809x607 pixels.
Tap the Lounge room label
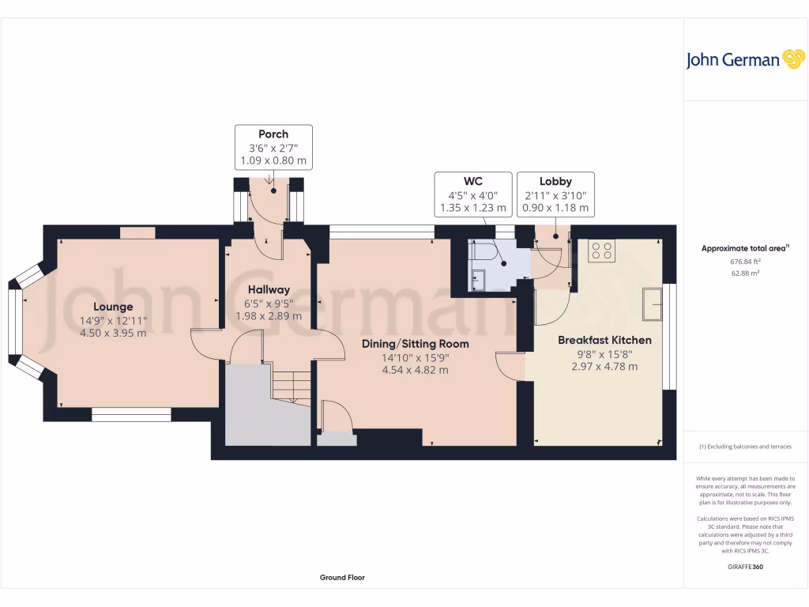[x=113, y=307]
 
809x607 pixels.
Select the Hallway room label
[x=269, y=290]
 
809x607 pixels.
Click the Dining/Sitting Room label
[x=415, y=344]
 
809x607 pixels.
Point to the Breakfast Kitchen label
[x=604, y=340]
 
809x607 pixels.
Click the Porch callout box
[x=273, y=147]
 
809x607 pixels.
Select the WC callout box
[x=472, y=194]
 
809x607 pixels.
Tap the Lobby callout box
[x=555, y=194]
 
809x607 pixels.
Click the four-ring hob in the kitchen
[x=601, y=251]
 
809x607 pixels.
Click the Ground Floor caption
[x=342, y=578]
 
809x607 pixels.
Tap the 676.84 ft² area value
[x=746, y=262]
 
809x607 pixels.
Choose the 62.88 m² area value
[x=746, y=273]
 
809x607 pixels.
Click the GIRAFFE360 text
[x=746, y=567]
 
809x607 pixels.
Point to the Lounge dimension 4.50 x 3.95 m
[x=113, y=333]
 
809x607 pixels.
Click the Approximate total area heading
[x=745, y=248]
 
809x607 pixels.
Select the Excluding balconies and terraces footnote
[x=746, y=447]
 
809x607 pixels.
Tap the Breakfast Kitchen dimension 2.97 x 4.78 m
[x=604, y=367]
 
